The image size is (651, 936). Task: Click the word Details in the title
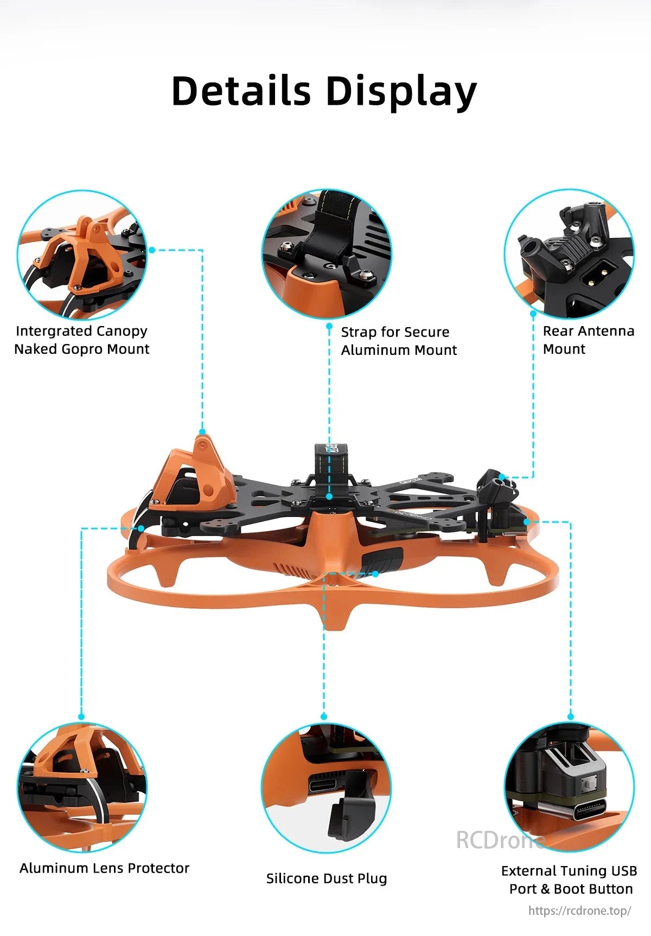pyautogui.click(x=241, y=91)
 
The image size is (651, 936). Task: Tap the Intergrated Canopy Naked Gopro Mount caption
pyautogui.click(x=81, y=340)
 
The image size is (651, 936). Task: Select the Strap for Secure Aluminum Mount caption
pyautogui.click(x=399, y=341)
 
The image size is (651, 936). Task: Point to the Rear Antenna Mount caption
pyautogui.click(x=588, y=340)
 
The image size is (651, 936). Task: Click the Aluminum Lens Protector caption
pyautogui.click(x=104, y=868)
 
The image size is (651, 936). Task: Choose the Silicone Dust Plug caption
pyautogui.click(x=327, y=878)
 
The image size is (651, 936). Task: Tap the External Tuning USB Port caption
pyautogui.click(x=570, y=880)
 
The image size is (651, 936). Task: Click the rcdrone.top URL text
pyautogui.click(x=579, y=911)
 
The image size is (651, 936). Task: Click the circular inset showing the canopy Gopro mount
pyautogui.click(x=82, y=254)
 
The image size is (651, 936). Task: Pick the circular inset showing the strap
pyautogui.click(x=327, y=253)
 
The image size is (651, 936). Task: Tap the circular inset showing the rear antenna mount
pyautogui.click(x=569, y=253)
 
